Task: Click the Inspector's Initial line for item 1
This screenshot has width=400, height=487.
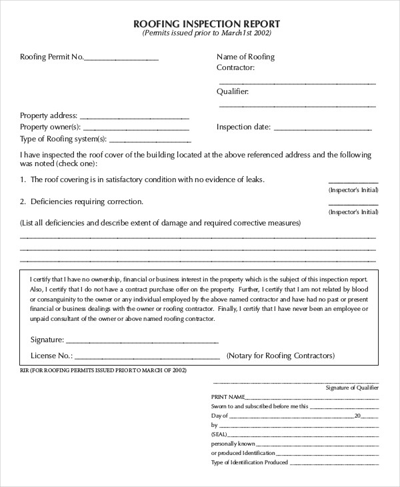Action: click(x=353, y=181)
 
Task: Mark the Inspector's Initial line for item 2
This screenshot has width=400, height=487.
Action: click(x=353, y=203)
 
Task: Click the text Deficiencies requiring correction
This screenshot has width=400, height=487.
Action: click(x=86, y=201)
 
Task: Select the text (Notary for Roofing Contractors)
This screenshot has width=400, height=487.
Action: click(x=281, y=356)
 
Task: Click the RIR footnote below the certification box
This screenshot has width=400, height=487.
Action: click(x=103, y=370)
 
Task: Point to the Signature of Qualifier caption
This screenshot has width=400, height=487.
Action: click(x=351, y=387)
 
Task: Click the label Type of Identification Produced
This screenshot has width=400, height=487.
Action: click(x=249, y=462)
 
